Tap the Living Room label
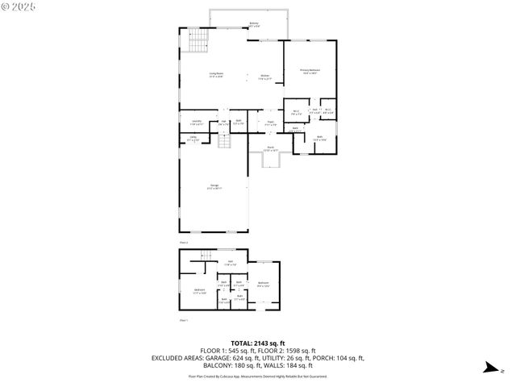216,75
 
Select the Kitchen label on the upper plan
264,77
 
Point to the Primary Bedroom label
310,72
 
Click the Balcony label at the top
254,25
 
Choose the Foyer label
271,124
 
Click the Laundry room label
195,123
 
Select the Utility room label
193,139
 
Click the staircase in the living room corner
198,40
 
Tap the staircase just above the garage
227,141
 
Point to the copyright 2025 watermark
19,7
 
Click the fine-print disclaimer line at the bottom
257,376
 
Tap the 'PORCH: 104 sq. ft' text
336,358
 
